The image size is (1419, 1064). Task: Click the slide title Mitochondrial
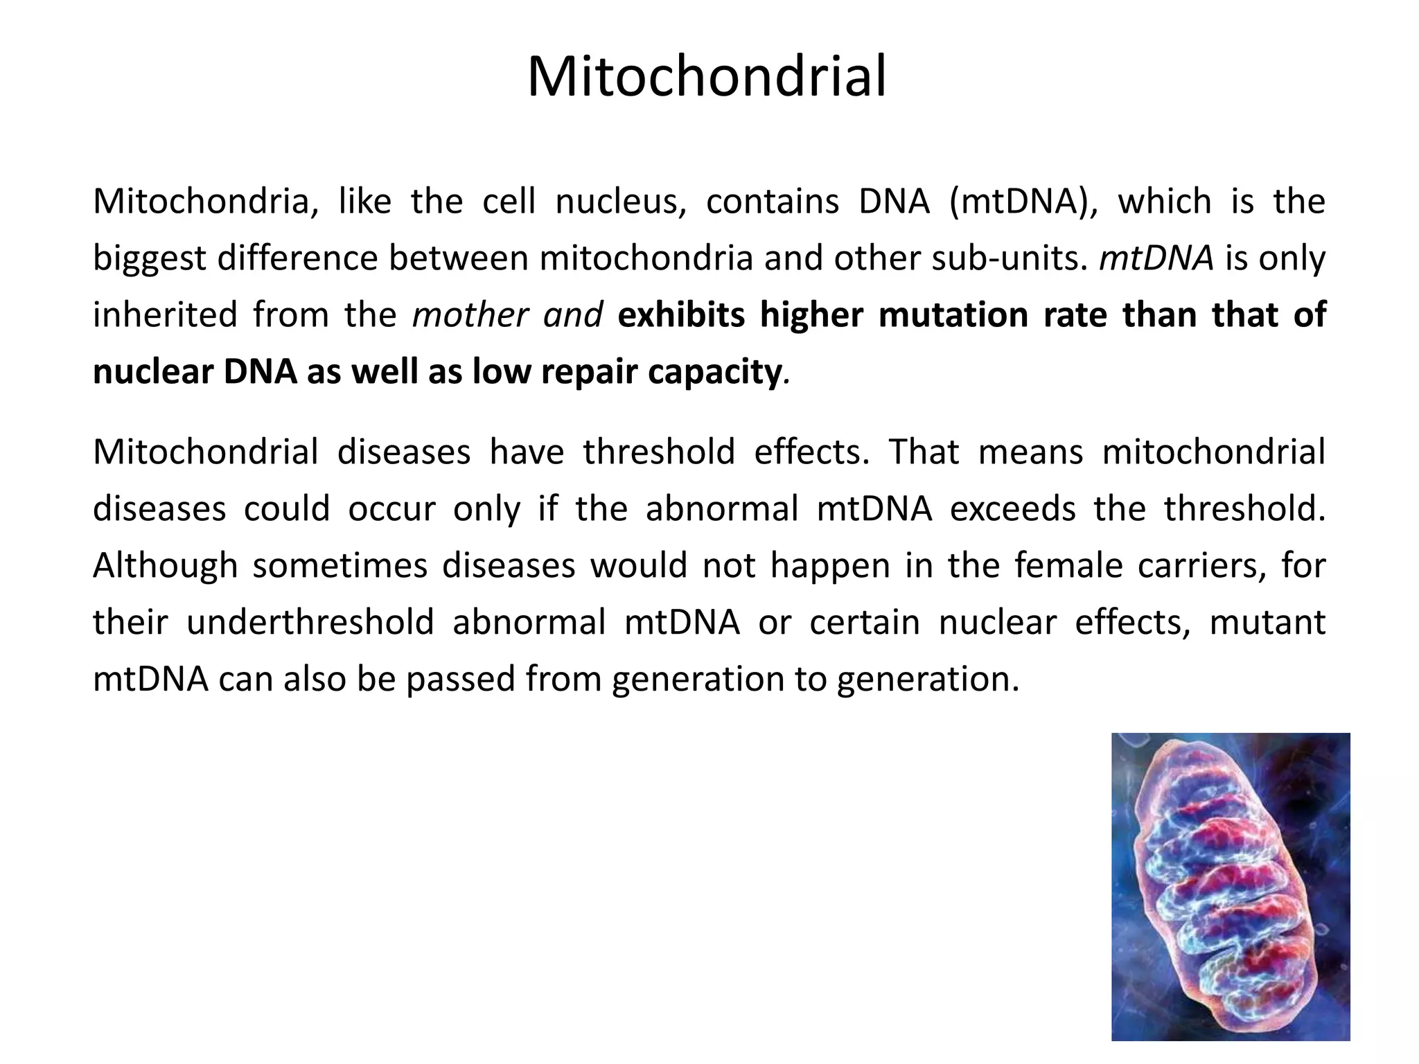point(707,77)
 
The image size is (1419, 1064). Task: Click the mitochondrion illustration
point(1231,886)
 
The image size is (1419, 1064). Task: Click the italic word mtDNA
point(1156,258)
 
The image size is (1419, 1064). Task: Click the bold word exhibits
point(681,315)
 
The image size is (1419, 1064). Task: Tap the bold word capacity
point(714,373)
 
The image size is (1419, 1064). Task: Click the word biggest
point(149,258)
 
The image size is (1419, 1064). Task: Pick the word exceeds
point(1012,509)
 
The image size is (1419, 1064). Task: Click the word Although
point(165,566)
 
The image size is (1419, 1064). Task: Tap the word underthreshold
point(310,623)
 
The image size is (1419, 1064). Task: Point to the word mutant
point(1267,623)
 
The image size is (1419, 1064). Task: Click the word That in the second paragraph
point(924,452)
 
